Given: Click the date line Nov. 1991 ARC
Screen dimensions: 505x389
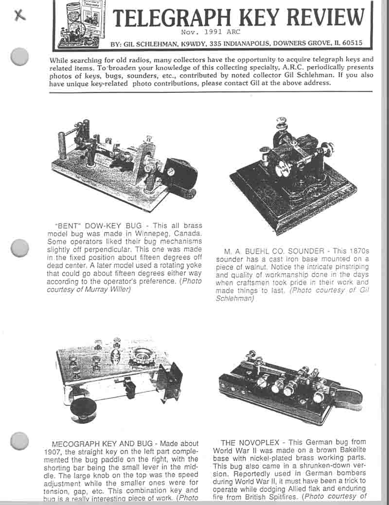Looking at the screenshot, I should (x=204, y=33).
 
